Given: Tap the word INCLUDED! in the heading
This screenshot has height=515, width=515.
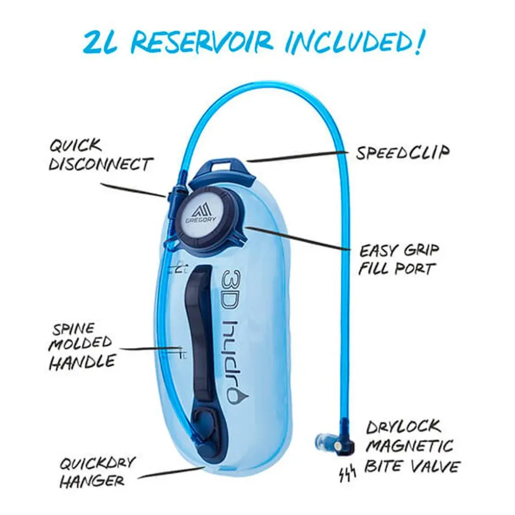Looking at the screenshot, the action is pyautogui.click(x=354, y=42).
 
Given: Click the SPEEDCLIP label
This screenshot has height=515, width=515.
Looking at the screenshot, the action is pyautogui.click(x=403, y=152).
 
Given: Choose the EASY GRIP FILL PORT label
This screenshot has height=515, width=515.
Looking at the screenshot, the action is pyautogui.click(x=399, y=260).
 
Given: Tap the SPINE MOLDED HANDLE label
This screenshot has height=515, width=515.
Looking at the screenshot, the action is pyautogui.click(x=82, y=347).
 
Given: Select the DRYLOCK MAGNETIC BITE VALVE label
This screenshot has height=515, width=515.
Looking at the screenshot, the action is pyautogui.click(x=412, y=447).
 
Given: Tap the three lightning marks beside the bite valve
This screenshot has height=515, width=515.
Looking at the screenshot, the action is pyautogui.click(x=348, y=474).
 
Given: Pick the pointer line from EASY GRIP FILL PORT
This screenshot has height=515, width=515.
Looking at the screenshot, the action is pyautogui.click(x=297, y=239).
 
